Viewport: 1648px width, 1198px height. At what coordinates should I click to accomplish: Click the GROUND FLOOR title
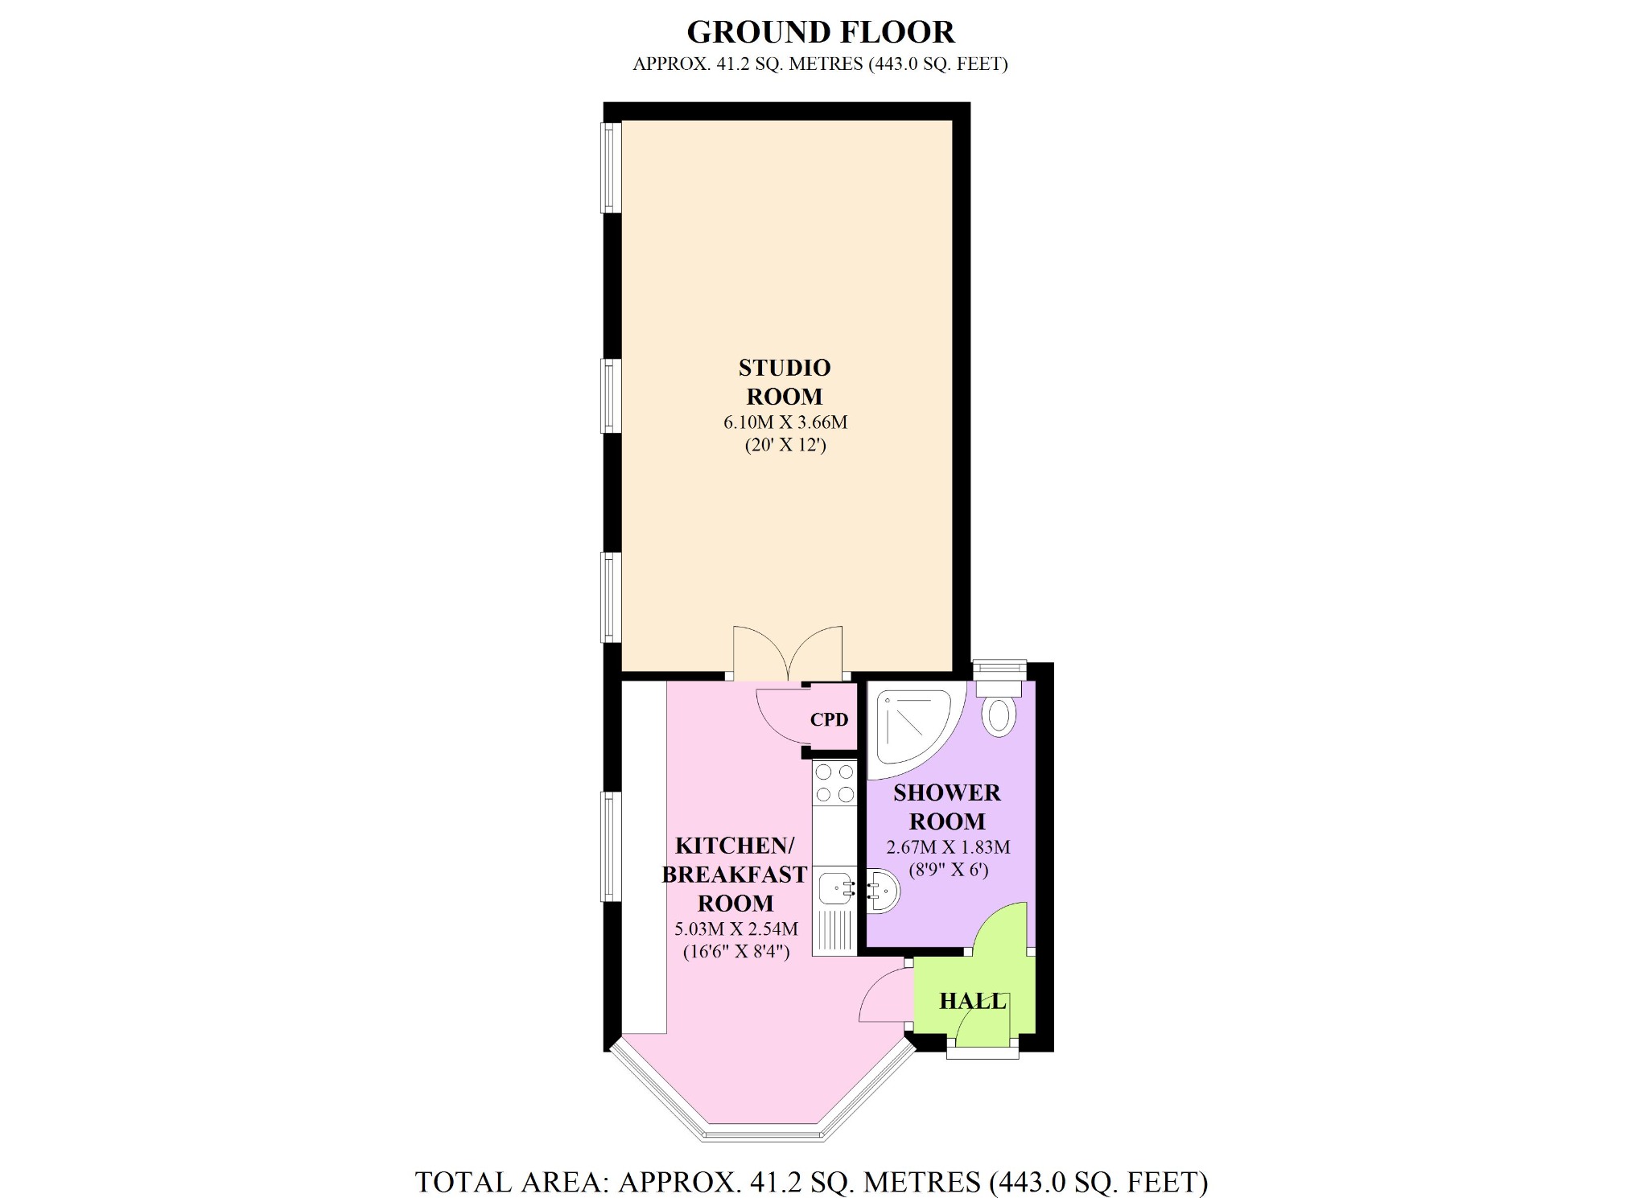coord(820,32)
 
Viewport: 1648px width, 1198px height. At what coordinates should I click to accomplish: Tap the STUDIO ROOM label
coord(785,382)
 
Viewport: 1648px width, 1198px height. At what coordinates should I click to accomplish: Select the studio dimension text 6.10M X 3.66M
coord(785,422)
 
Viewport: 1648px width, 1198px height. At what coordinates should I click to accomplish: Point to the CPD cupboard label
coord(829,719)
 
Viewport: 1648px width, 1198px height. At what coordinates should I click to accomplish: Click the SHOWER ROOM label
coord(947,807)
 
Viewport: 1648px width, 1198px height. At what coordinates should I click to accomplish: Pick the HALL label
coord(973,1001)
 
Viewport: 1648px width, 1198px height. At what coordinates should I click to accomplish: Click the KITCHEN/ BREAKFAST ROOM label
coord(735,874)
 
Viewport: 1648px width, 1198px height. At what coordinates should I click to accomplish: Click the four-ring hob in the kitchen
coord(834,783)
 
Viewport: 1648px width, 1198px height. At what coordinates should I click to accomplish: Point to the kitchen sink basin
coord(834,889)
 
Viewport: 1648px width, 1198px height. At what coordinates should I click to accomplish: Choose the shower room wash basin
coord(883,890)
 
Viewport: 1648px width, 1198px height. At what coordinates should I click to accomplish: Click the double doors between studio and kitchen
coord(788,653)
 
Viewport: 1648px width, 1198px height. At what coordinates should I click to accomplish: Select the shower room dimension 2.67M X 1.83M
coord(948,847)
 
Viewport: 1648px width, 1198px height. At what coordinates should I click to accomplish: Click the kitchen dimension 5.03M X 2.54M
coord(735,929)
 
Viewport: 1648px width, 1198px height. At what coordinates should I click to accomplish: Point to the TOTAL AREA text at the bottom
coord(811,1182)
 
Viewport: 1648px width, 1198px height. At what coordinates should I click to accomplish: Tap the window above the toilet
coord(999,667)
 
